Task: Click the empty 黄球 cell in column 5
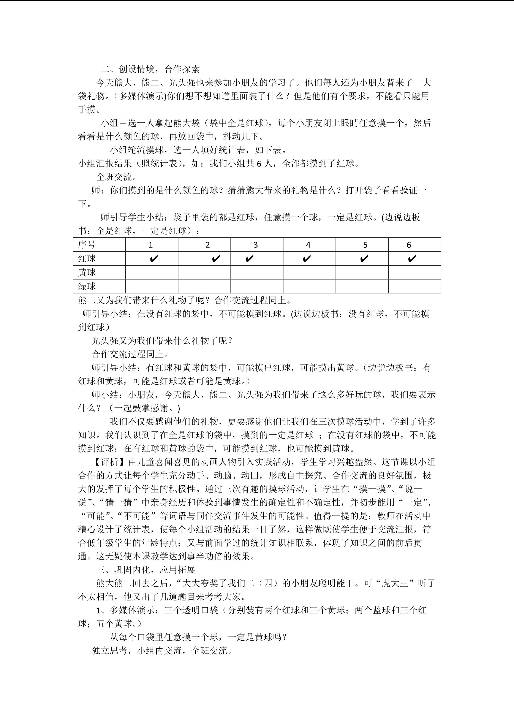pos(362,272)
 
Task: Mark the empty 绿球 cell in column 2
pos(204,286)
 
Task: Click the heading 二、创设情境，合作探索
pos(150,69)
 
